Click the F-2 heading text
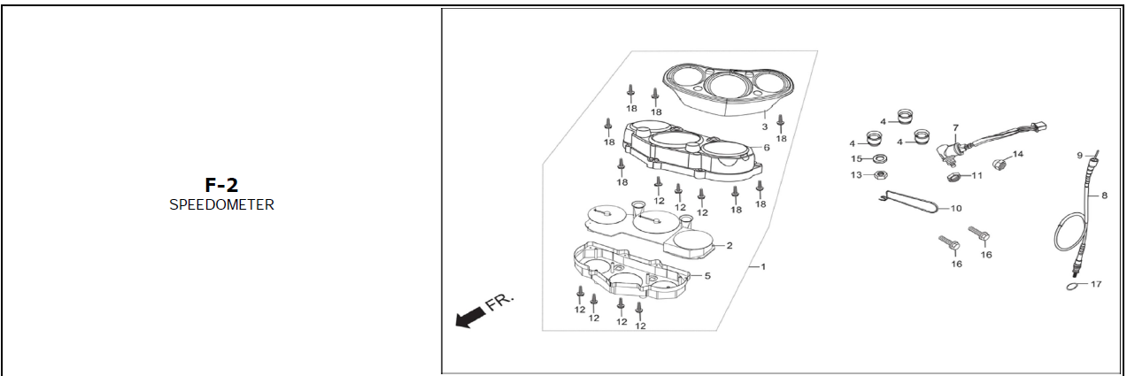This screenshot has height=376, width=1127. coord(221,185)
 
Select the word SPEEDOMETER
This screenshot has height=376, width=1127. coord(221,204)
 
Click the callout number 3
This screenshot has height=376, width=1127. coord(764,127)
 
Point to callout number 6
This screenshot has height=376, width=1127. coord(766,148)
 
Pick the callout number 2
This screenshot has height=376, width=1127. coord(729,245)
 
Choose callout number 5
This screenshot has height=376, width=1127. coord(706,275)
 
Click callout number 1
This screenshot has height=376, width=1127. coord(762,266)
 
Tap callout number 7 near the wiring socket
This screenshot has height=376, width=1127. coord(955,127)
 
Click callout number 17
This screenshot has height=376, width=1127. coord(1096,284)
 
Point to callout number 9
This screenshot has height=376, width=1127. coord(1080,156)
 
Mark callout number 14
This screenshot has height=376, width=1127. coord(1017,155)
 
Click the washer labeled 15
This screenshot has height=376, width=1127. coord(881,158)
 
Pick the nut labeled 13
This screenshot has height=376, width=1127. coord(881,175)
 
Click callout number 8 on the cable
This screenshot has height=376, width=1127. coord(1103,196)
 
